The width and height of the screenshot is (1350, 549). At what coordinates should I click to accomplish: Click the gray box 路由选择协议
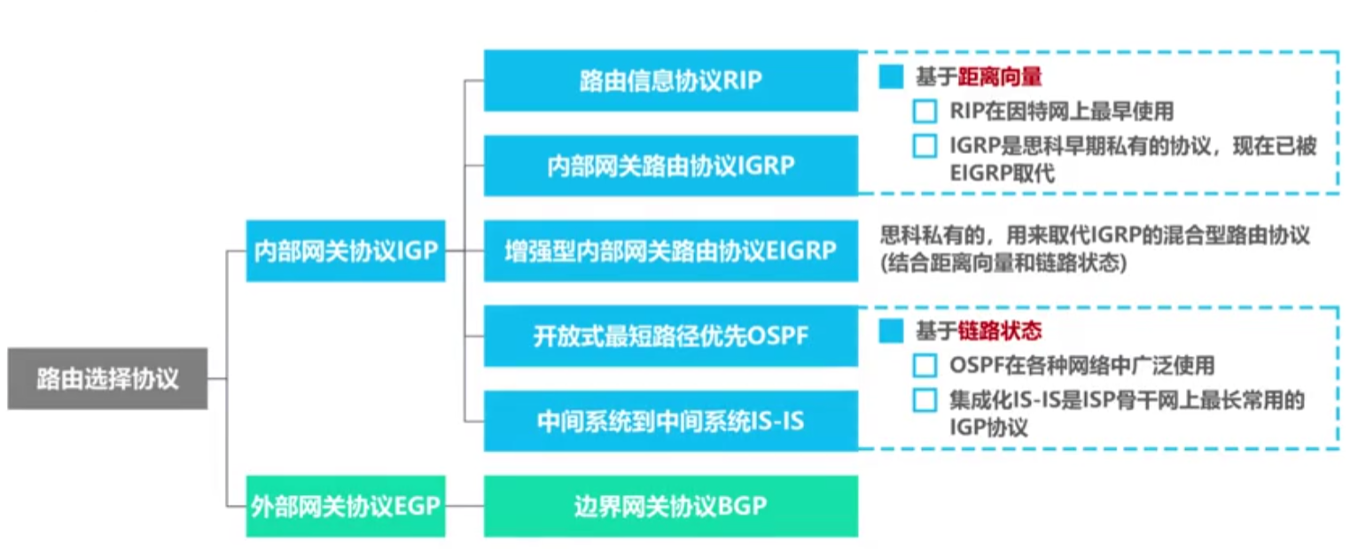(107, 379)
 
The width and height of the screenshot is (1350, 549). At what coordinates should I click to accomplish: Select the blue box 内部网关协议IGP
(346, 251)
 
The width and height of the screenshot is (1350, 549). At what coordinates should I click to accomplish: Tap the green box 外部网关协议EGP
(346, 506)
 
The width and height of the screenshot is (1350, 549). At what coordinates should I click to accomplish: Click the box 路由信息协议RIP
(671, 80)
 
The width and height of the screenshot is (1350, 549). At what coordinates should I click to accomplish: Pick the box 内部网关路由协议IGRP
(671, 166)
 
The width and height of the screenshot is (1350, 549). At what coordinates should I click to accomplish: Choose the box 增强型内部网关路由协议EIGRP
(671, 251)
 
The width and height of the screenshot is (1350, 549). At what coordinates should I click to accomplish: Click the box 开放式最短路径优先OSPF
(671, 336)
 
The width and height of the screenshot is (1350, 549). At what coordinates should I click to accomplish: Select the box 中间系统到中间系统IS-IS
(671, 421)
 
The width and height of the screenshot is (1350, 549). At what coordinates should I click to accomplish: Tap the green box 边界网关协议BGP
(671, 506)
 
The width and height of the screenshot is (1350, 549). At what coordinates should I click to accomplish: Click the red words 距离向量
(1000, 76)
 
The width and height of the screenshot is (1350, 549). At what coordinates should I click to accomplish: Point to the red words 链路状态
(1000, 330)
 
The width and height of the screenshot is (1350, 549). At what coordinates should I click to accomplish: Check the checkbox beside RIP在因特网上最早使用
(925, 112)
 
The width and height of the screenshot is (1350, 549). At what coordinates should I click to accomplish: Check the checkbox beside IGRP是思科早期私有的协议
(925, 146)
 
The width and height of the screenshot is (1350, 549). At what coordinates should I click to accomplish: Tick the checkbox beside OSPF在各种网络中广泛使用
(925, 366)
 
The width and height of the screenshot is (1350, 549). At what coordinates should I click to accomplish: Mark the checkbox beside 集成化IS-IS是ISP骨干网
(925, 399)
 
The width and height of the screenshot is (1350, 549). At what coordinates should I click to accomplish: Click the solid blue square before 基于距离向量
(891, 76)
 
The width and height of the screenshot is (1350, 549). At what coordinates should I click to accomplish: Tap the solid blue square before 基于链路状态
(891, 330)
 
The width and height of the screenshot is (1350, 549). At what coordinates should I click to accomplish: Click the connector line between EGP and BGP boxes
(464, 506)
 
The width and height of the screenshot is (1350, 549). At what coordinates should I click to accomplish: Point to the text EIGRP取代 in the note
(1003, 174)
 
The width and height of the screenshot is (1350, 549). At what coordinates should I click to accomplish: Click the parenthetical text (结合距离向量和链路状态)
(1003, 263)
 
